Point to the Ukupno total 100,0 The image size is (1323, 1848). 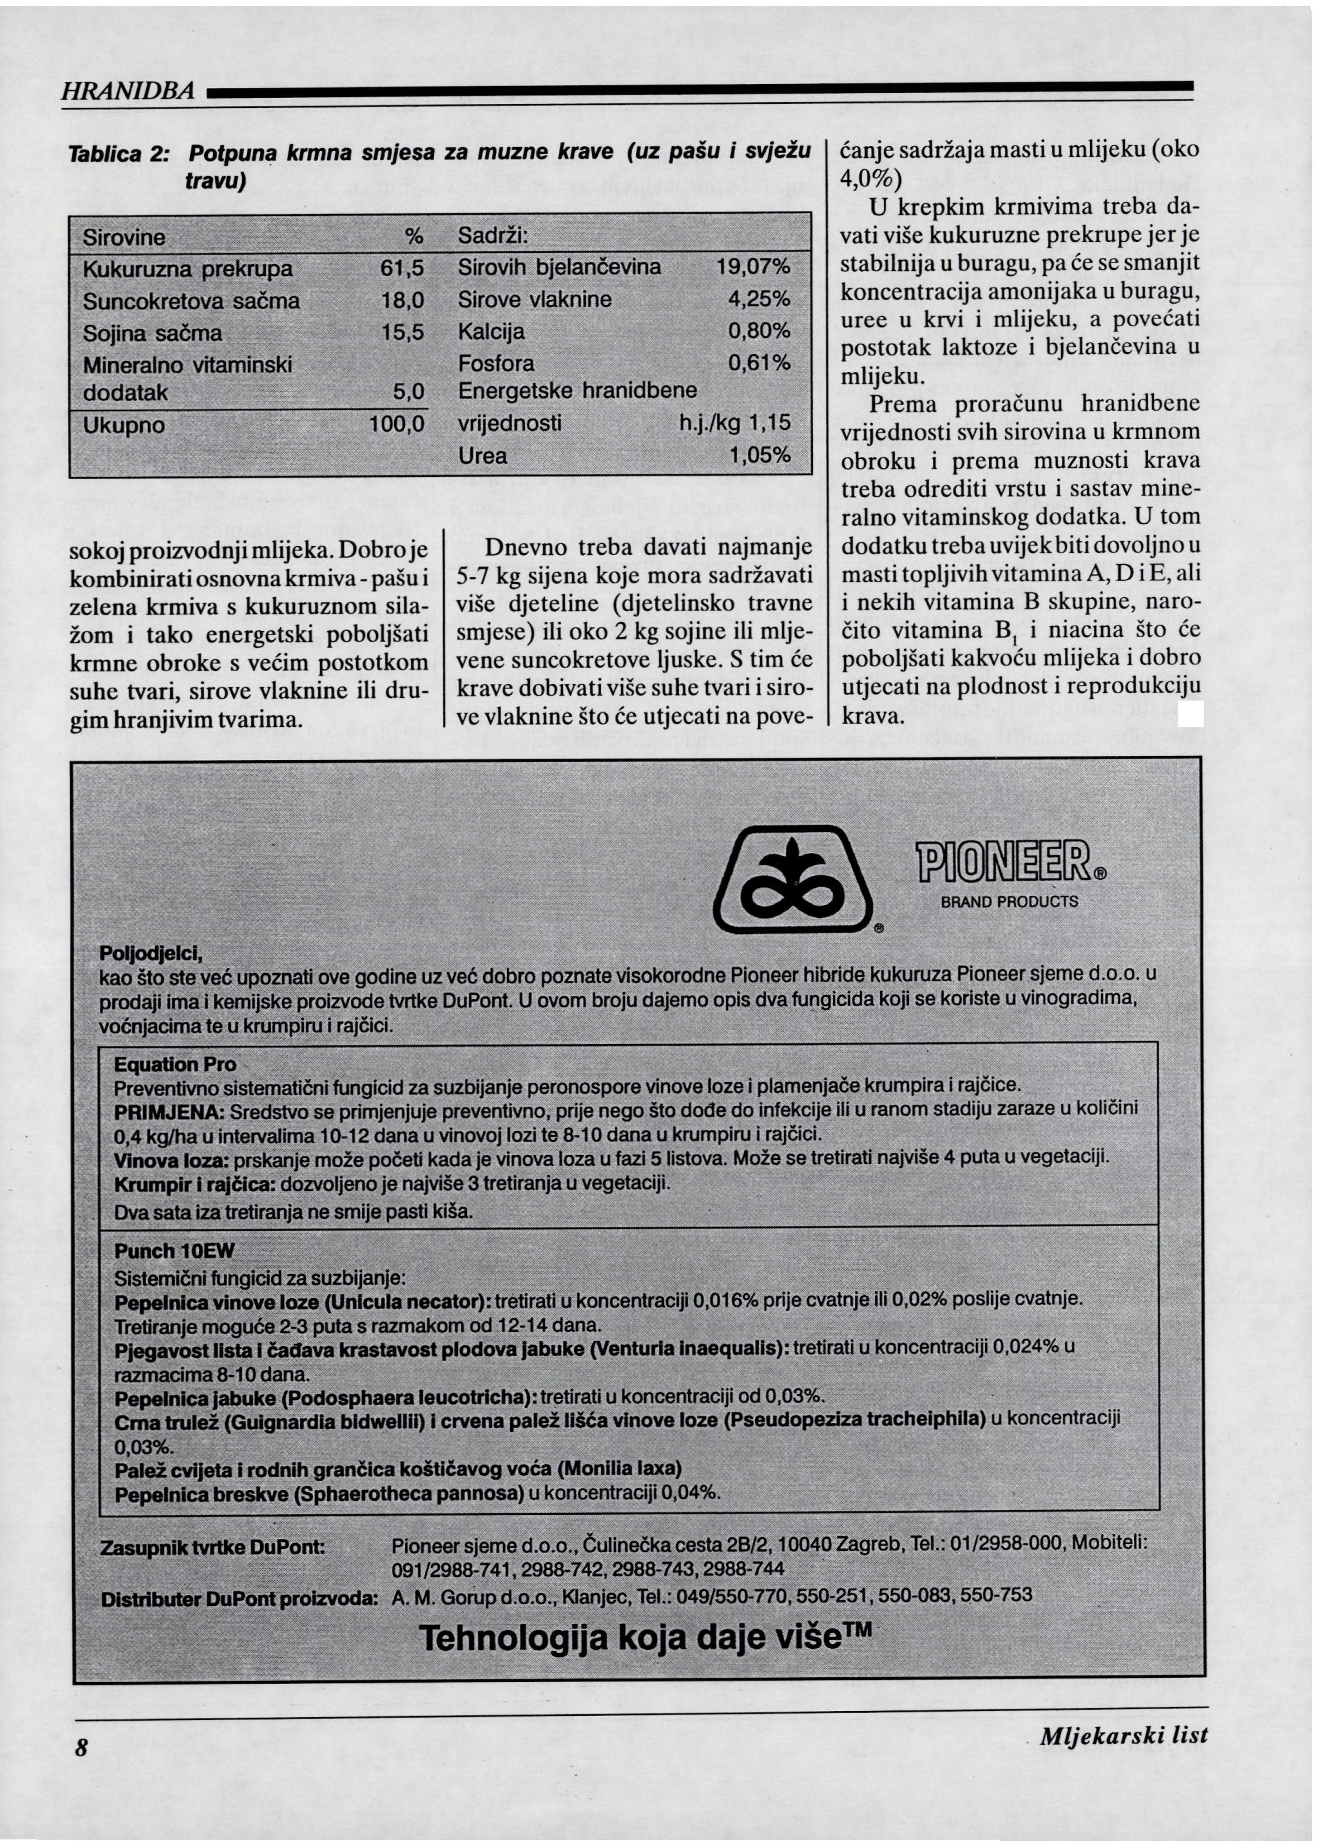pyautogui.click(x=398, y=424)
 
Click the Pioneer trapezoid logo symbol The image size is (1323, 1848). pyautogui.click(x=792, y=881)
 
